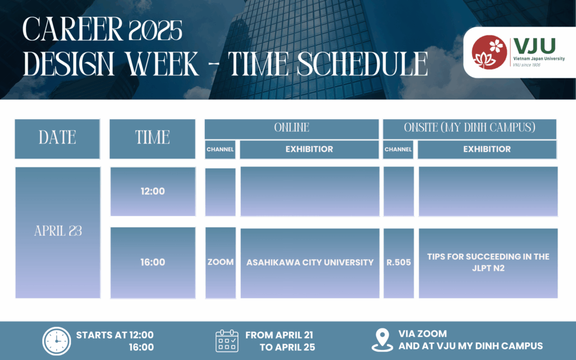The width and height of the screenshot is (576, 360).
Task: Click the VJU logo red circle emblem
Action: [x=489, y=52]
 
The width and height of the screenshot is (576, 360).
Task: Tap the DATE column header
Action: [x=57, y=139]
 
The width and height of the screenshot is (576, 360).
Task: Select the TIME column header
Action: [x=152, y=139]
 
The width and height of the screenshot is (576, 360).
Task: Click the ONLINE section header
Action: [x=292, y=129]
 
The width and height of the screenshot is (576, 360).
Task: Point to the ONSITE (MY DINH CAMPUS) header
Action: [x=470, y=129]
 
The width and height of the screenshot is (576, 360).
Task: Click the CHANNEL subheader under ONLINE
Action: [x=220, y=150]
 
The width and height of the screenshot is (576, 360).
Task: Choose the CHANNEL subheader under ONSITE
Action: [x=398, y=150]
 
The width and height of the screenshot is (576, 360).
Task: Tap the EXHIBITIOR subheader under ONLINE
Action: [x=309, y=150]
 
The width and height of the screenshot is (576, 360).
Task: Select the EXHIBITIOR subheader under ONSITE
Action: [x=487, y=150]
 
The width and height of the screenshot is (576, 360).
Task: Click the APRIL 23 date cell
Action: [x=58, y=232]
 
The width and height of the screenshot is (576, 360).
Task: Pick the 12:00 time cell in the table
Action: [x=153, y=191]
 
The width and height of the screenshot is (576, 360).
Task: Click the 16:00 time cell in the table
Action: [x=153, y=263]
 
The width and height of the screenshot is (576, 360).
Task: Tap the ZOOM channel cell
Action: [x=220, y=263]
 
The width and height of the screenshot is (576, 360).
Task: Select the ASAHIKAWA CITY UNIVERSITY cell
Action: [x=310, y=263]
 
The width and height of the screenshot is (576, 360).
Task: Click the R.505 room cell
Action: [x=399, y=263]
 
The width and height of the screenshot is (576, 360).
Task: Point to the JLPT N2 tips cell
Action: [x=488, y=263]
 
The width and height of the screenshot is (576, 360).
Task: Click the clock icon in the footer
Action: [x=57, y=341]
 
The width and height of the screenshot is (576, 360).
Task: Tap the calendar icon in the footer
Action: [x=227, y=341]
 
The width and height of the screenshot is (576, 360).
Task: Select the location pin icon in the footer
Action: [x=382, y=340]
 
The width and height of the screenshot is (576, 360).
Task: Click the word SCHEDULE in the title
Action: [x=362, y=64]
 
